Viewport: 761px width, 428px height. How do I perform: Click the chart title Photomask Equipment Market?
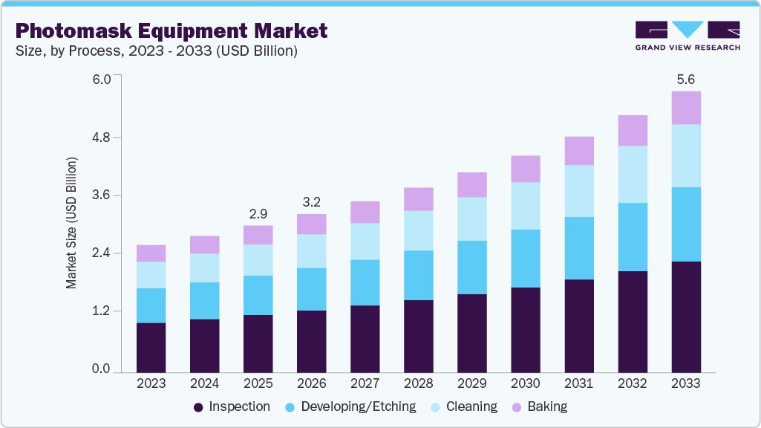pos(171,31)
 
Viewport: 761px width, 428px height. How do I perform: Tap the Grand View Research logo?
pos(687,36)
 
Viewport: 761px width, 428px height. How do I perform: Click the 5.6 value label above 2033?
pos(686,79)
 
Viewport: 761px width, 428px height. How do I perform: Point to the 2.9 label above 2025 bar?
pos(258,213)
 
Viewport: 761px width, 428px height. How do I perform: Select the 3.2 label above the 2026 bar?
pos(311,201)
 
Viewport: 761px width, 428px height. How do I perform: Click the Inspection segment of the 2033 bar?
pos(686,317)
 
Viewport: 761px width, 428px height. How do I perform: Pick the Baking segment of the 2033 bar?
pos(686,108)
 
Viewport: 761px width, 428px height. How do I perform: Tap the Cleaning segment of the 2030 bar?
pos(526,206)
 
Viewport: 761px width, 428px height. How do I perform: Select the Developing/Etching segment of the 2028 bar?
pos(418,275)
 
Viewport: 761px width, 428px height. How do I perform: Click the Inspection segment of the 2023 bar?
pos(151,347)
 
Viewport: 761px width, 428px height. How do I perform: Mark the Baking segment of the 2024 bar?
pos(204,244)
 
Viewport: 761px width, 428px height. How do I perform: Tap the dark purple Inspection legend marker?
pos(198,407)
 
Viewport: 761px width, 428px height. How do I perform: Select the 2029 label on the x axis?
pos(471,384)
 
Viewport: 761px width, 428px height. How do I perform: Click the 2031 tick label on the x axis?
pos(578,384)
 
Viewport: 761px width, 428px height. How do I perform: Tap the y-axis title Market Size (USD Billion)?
pos(71,223)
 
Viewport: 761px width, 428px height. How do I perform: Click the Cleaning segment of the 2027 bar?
pos(365,241)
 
